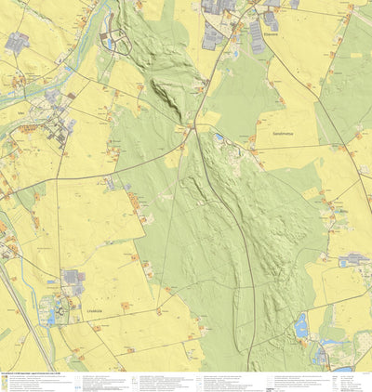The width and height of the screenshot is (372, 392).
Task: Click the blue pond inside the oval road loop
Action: coord(109,44)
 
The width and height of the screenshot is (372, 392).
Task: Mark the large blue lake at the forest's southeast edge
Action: coord(300,325)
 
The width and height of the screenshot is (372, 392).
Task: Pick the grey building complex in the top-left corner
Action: coord(16,42)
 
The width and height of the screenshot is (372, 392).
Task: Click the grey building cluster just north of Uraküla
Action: coord(72,278)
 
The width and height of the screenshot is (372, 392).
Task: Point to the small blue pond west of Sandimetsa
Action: coord(219,137)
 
